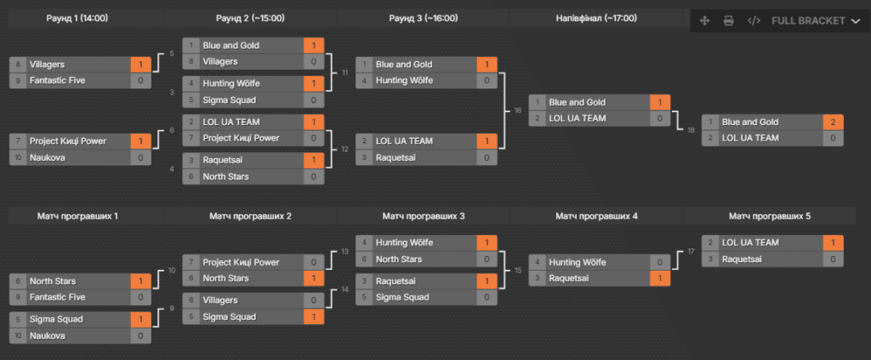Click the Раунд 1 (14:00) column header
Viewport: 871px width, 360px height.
[77, 18]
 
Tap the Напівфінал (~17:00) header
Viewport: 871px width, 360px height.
[596, 18]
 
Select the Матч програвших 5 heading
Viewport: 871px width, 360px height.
[768, 216]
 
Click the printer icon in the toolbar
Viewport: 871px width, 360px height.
[729, 20]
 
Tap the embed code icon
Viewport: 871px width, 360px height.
[754, 20]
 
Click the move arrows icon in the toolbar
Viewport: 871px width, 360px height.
[705, 20]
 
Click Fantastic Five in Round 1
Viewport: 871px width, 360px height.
[58, 80]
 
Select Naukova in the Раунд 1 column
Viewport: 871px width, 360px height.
[48, 157]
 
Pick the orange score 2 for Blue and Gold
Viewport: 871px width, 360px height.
[834, 122]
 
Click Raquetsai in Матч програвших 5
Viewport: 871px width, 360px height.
[741, 259]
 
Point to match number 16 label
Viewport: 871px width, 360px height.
[518, 111]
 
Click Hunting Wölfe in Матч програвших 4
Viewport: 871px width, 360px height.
[578, 262]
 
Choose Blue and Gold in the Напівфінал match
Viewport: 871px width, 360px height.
[578, 102]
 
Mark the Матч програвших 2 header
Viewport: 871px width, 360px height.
[251, 216]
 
